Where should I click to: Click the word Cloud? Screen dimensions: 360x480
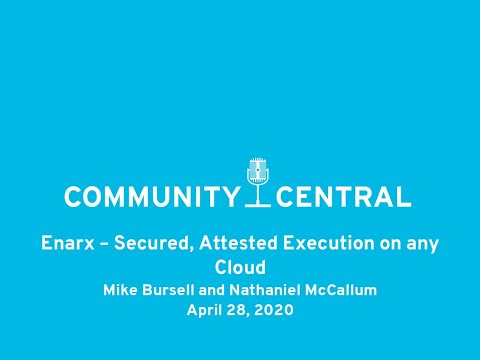(240, 267)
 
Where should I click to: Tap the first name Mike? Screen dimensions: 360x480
(121, 291)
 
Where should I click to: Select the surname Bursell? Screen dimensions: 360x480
(169, 291)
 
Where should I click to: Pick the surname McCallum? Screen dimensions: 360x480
(339, 291)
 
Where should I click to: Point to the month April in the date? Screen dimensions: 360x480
(205, 310)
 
